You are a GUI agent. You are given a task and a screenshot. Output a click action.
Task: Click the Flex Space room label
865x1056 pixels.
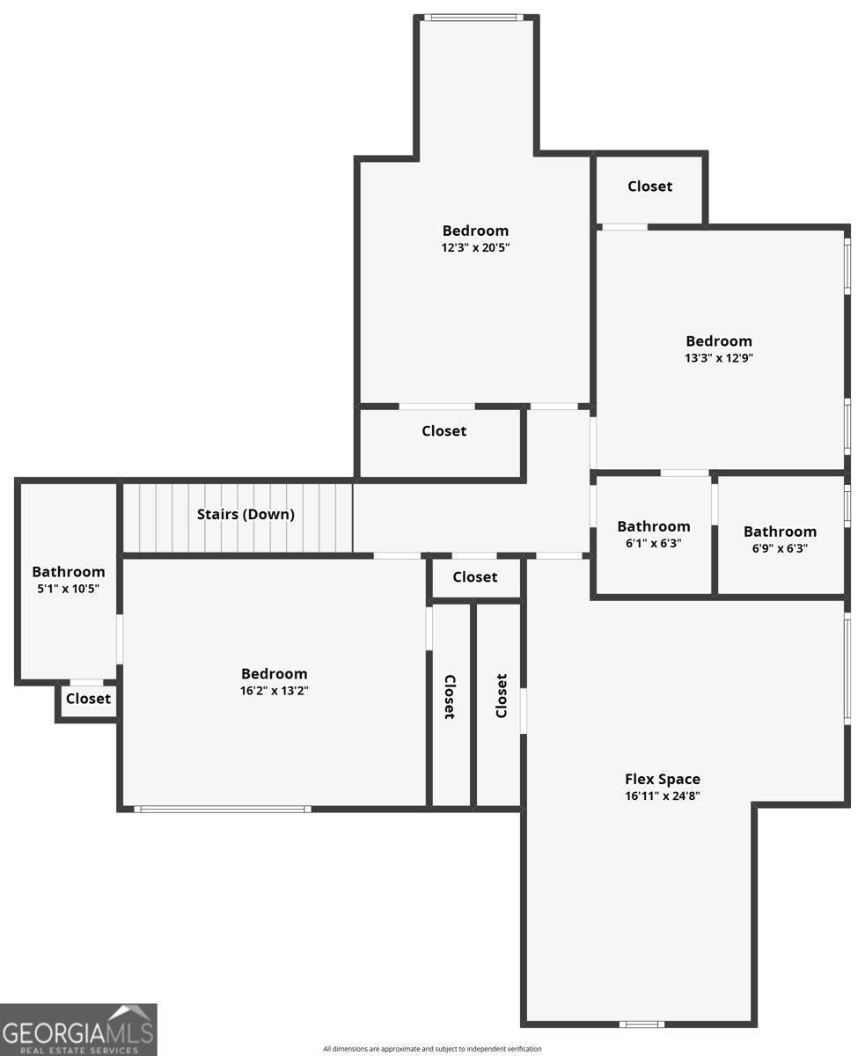[663, 779]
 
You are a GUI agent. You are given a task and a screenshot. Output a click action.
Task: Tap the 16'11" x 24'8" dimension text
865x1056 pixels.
[663, 796]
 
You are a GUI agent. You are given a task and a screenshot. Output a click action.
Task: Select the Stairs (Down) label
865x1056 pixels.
[246, 514]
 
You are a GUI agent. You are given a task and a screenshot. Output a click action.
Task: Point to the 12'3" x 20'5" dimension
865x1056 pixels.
[475, 247]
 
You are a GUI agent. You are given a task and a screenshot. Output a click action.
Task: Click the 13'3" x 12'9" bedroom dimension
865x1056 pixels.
[719, 357]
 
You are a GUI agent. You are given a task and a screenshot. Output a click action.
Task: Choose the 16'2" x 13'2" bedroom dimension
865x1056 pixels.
[274, 690]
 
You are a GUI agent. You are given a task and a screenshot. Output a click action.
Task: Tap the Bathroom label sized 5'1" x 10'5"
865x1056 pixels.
[69, 572]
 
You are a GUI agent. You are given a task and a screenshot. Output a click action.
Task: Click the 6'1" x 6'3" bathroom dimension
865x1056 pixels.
[653, 543]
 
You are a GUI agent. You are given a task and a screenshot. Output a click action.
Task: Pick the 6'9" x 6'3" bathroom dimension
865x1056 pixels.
[780, 547]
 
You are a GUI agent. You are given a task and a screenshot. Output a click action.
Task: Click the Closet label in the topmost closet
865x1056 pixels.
[649, 187]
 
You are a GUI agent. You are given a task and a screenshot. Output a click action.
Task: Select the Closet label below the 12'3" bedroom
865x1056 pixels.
[444, 430]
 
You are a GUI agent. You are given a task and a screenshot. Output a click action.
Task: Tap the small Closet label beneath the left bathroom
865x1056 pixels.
[88, 699]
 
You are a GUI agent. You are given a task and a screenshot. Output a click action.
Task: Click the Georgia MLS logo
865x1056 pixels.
[78, 1030]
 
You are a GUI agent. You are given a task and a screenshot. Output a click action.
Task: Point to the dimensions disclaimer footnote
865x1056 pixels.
[432, 1048]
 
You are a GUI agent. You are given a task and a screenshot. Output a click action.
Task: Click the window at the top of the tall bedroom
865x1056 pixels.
[473, 18]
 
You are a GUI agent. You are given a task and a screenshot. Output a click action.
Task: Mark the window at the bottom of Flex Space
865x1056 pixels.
[641, 1024]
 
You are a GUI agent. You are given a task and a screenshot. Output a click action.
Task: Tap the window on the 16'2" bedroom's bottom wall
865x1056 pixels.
[223, 809]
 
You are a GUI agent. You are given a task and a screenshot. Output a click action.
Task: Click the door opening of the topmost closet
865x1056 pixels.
[625, 227]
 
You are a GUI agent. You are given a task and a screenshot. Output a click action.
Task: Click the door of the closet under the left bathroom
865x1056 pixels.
[86, 683]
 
